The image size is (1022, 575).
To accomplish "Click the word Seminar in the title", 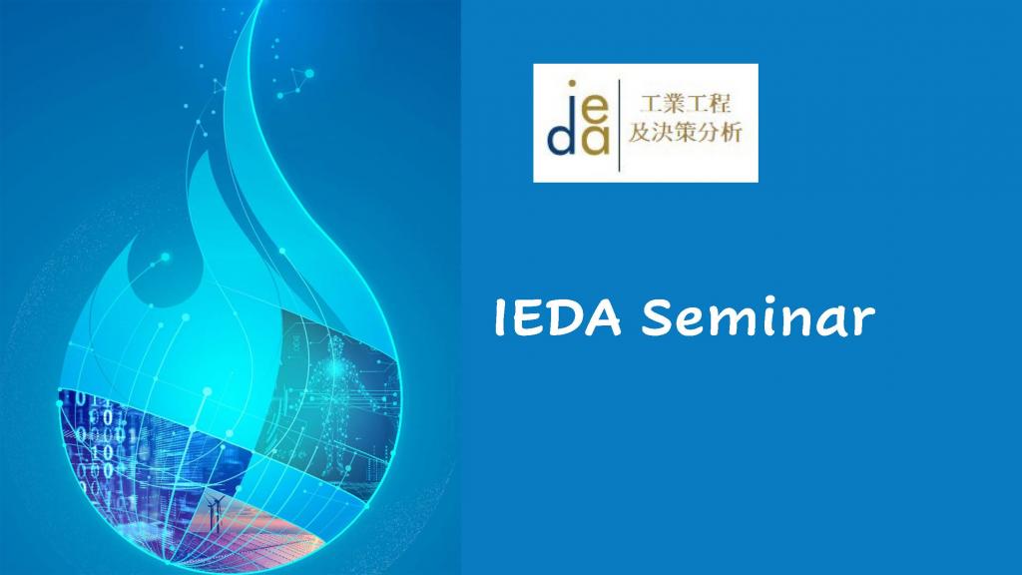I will [x=758, y=318].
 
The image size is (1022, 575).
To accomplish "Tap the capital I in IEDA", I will [x=501, y=318].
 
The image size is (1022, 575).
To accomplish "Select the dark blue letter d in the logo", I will [x=561, y=137].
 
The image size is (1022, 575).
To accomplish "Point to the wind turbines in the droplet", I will [x=215, y=515].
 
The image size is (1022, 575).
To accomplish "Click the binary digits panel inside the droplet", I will [x=100, y=439].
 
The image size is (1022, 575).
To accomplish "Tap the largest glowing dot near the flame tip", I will [x=308, y=73].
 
